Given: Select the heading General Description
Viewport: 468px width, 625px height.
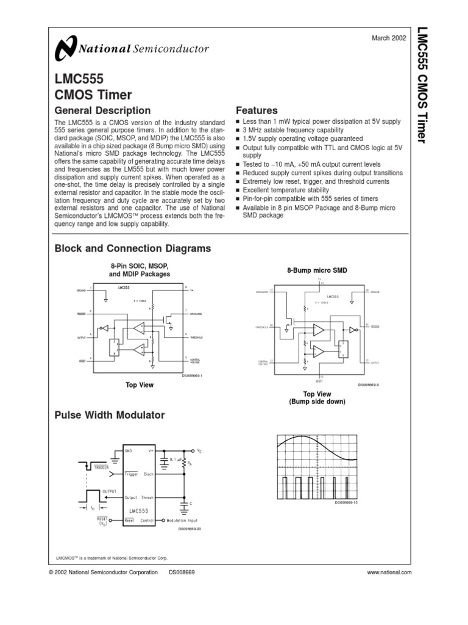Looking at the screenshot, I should (102, 110).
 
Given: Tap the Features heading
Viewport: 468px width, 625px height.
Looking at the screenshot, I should (257, 110).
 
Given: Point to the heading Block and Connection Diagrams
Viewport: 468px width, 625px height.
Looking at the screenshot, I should (133, 248).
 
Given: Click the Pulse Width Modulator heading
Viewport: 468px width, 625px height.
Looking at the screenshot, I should (110, 415).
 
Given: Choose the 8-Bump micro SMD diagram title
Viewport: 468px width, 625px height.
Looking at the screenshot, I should (317, 270).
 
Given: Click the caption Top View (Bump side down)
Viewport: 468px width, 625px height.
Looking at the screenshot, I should (317, 398).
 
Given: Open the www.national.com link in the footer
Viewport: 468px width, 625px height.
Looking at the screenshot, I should (389, 572).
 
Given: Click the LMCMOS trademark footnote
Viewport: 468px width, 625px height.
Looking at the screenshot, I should (111, 558).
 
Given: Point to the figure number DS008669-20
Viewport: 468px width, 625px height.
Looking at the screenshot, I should (190, 529).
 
